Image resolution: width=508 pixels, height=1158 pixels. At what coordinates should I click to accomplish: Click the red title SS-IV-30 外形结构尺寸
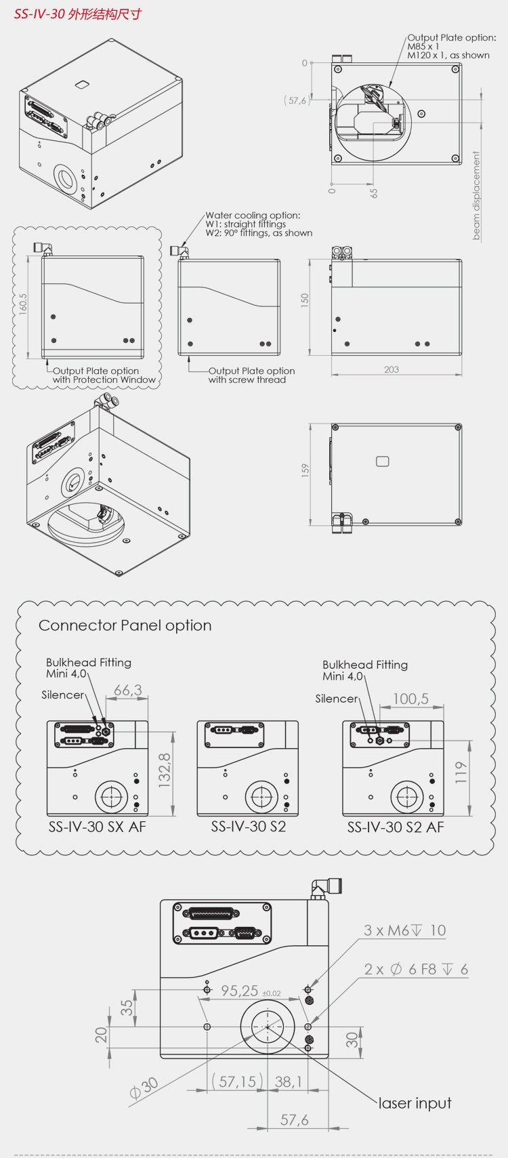pyautogui.click(x=78, y=14)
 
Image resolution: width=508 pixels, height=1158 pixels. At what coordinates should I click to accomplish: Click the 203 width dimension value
pyautogui.click(x=391, y=369)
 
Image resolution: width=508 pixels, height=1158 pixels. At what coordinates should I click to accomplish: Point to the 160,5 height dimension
pyautogui.click(x=24, y=305)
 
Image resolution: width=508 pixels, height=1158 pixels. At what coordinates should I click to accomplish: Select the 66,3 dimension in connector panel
pyautogui.click(x=127, y=690)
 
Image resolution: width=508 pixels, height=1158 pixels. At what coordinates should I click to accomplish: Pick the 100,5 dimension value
pyautogui.click(x=410, y=699)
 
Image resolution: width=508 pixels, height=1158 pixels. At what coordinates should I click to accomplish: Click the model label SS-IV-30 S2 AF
pyautogui.click(x=396, y=827)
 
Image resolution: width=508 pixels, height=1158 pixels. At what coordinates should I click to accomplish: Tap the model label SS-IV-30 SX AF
pyautogui.click(x=97, y=827)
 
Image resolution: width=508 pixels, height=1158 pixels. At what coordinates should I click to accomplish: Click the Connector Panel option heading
pyautogui.click(x=125, y=625)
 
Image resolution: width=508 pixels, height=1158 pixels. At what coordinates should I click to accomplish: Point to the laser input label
pyautogui.click(x=415, y=1103)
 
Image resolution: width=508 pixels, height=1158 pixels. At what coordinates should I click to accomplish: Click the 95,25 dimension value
pyautogui.click(x=240, y=991)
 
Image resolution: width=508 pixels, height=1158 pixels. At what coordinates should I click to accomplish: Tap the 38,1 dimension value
pyautogui.click(x=288, y=1081)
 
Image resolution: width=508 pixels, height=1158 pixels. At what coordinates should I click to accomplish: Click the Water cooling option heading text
pyautogui.click(x=253, y=215)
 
